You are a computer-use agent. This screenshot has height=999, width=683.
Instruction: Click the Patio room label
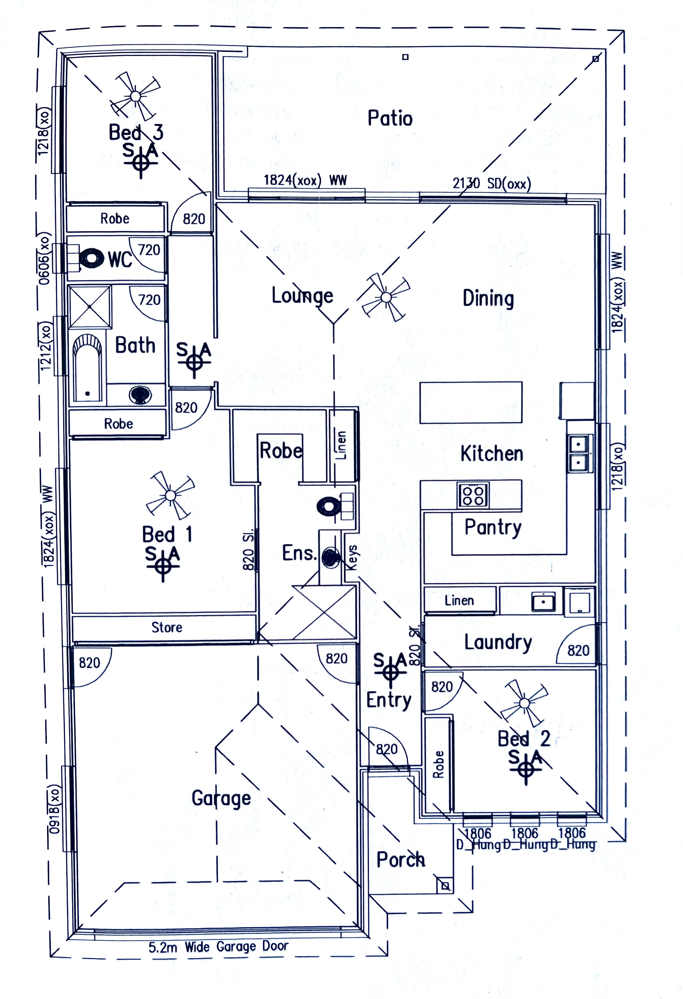(x=390, y=119)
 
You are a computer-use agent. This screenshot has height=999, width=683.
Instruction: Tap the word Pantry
(x=493, y=527)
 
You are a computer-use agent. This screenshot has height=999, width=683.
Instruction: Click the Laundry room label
(x=498, y=642)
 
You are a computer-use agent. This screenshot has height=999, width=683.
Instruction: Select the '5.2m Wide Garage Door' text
(x=219, y=947)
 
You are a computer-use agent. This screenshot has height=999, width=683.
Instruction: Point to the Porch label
(x=401, y=860)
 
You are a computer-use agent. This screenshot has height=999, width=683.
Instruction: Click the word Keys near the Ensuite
(x=352, y=557)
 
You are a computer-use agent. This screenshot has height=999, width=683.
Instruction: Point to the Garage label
(x=221, y=798)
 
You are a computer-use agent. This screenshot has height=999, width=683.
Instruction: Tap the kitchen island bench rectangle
(x=471, y=402)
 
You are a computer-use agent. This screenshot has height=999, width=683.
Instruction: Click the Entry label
(x=389, y=700)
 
